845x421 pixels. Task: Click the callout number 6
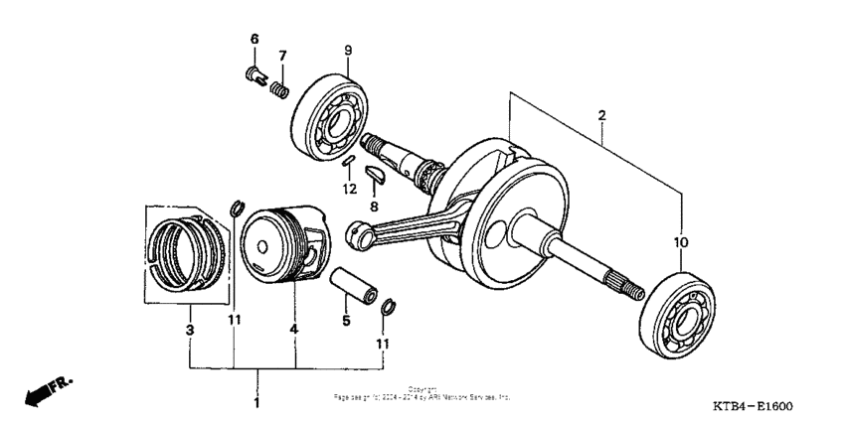pyautogui.click(x=253, y=39)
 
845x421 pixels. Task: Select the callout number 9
pyautogui.click(x=348, y=51)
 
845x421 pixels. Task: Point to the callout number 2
pyautogui.click(x=601, y=115)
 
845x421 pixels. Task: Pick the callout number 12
pyautogui.click(x=349, y=189)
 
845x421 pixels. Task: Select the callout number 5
pyautogui.click(x=347, y=321)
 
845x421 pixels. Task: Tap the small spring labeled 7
pyautogui.click(x=280, y=87)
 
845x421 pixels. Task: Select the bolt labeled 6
pyautogui.click(x=253, y=74)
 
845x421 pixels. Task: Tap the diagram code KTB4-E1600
pyautogui.click(x=754, y=407)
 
